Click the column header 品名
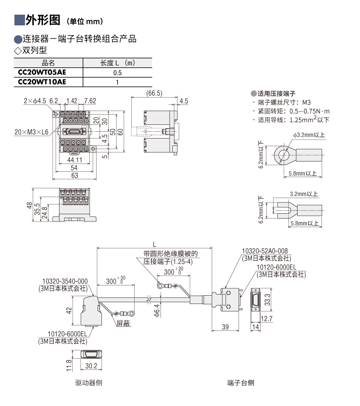point(49,63)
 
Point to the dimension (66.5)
point(154,93)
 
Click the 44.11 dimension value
point(74,160)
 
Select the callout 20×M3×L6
point(32,132)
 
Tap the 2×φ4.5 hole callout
point(34,101)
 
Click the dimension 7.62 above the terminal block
point(90,101)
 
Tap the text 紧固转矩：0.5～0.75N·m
point(294,111)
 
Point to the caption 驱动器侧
point(89,383)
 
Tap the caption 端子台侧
point(240,383)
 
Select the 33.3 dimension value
point(267,299)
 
